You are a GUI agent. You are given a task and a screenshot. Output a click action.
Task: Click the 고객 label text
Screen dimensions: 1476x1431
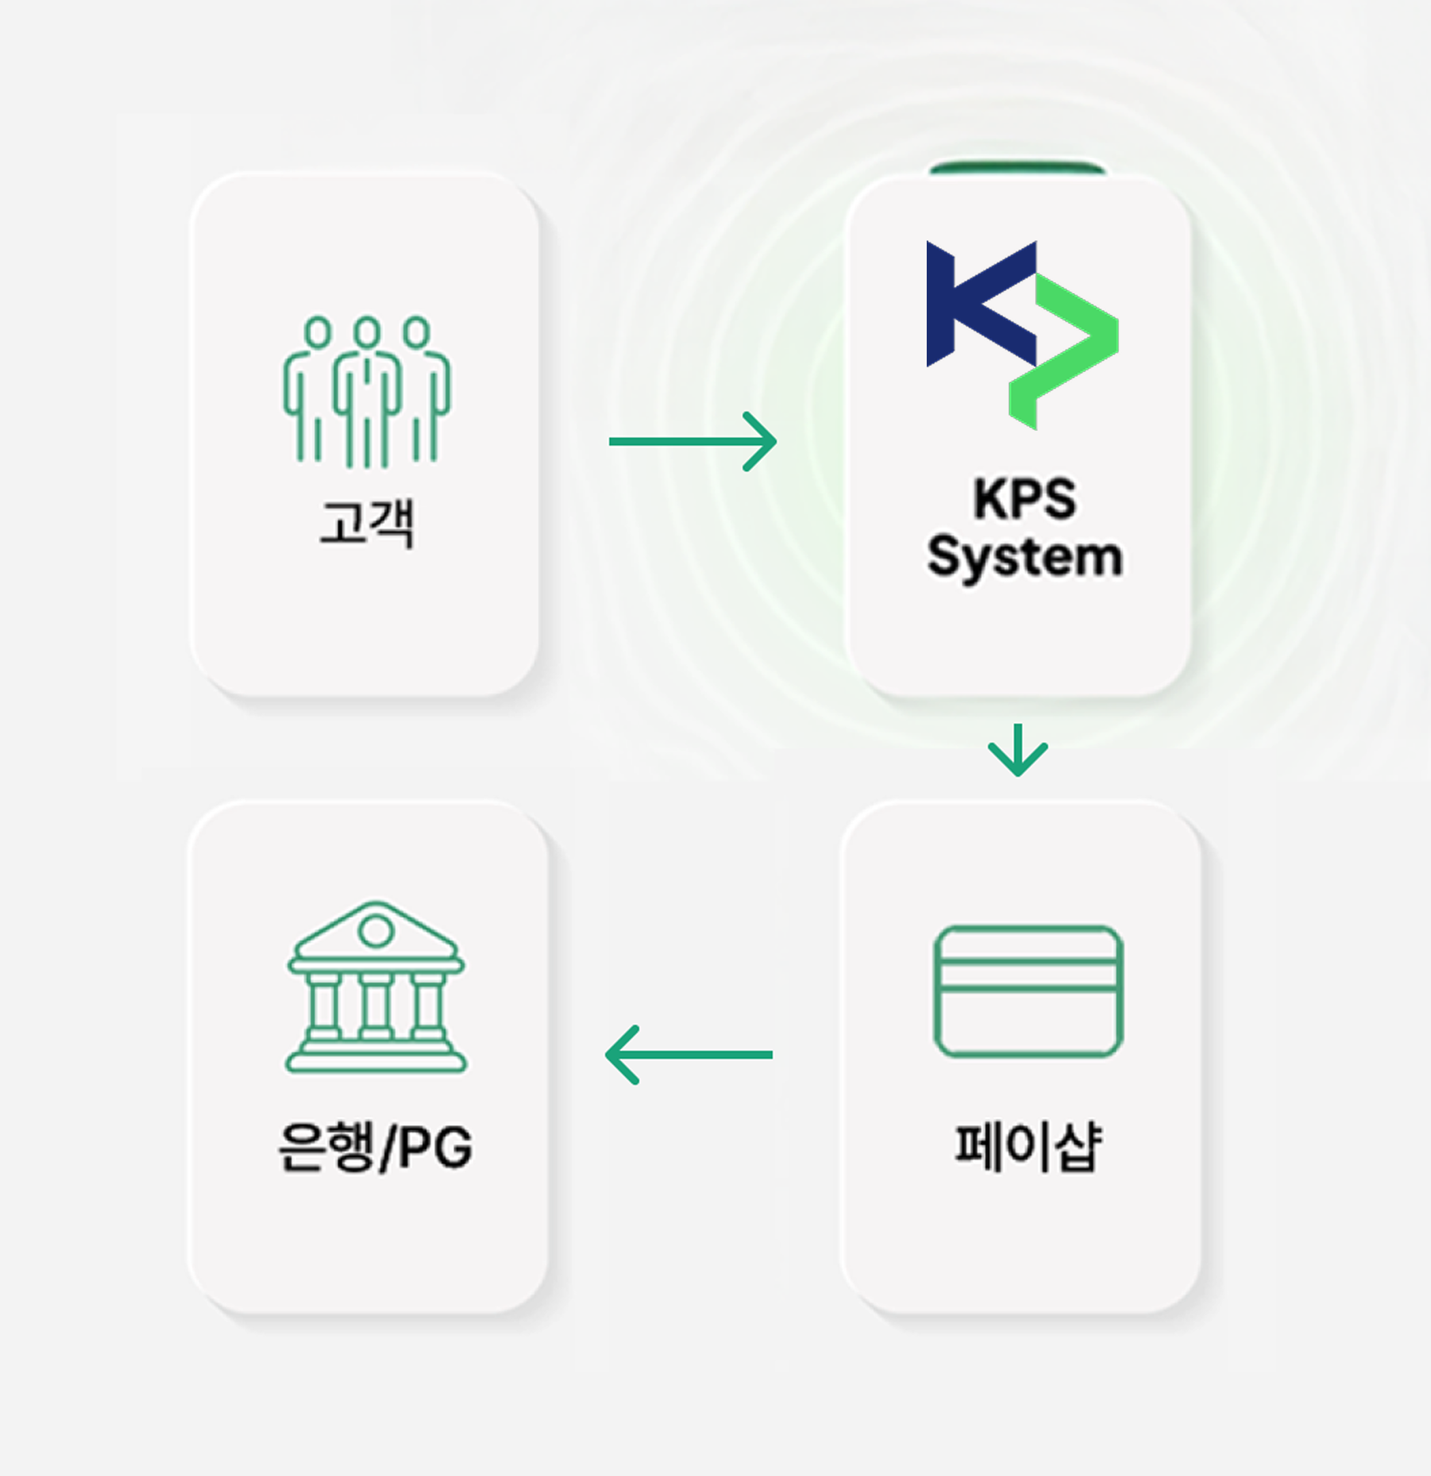point(367,523)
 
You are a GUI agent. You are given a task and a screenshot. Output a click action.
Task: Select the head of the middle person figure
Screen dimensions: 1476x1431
point(367,331)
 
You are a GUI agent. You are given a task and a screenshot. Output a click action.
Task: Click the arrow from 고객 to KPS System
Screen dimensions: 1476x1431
point(692,442)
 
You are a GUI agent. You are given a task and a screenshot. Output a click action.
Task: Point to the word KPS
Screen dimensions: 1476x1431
point(1024,499)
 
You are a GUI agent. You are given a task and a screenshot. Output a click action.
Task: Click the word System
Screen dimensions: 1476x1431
point(1024,557)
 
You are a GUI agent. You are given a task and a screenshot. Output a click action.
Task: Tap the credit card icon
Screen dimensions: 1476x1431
point(1028,991)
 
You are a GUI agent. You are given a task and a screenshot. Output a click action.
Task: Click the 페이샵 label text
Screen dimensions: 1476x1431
point(1028,1146)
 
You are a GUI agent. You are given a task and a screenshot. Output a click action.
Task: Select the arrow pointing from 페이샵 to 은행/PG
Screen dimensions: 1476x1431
point(689,1054)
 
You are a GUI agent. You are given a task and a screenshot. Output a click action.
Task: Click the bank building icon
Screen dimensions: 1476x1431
point(376,987)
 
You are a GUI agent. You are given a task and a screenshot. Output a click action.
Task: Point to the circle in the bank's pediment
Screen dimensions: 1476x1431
point(376,931)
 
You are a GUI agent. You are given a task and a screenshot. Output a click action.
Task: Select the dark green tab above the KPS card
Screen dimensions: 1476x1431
point(1017,167)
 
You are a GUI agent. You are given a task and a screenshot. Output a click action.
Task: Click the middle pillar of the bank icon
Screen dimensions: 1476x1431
point(376,1005)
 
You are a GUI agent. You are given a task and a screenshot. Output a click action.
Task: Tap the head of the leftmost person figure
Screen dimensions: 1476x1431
point(318,331)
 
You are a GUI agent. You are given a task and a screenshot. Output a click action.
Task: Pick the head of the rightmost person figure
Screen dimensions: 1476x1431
point(416,331)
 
